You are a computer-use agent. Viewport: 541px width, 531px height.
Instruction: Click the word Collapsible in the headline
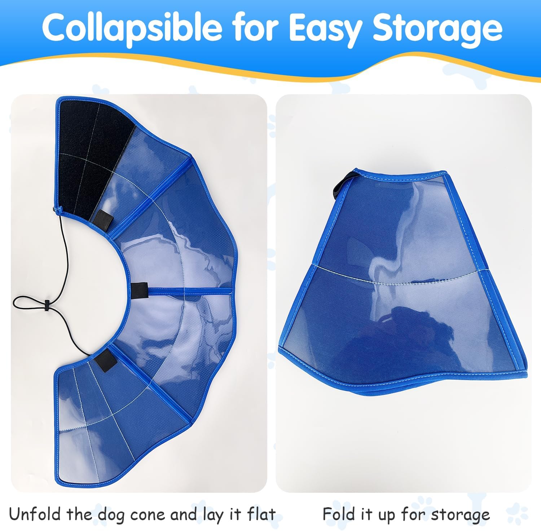[132, 28]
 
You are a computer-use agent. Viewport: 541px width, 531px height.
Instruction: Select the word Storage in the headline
[437, 28]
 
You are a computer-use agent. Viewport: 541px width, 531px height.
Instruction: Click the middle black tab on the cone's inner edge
[140, 290]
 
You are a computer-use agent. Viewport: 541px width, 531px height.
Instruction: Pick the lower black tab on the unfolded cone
[105, 359]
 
